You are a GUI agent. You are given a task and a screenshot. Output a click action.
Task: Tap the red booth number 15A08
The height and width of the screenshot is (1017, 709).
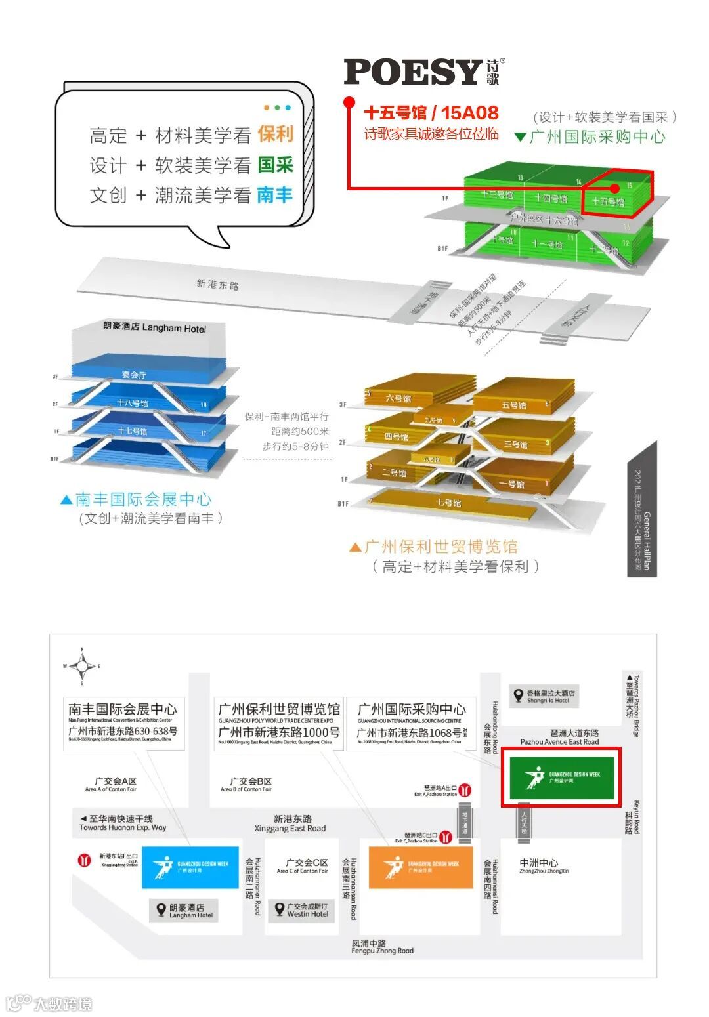click(x=469, y=113)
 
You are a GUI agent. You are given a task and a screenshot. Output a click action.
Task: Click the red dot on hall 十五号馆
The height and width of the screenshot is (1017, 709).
click(x=614, y=188)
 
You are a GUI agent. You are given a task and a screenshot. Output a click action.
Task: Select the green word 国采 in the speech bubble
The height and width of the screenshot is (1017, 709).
click(x=275, y=165)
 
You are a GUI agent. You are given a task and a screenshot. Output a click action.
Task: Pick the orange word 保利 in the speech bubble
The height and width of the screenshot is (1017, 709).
click(x=275, y=134)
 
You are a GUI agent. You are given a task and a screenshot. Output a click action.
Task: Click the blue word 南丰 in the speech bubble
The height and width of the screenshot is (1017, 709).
click(x=275, y=195)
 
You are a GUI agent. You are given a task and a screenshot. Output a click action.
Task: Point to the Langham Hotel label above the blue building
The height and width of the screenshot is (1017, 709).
click(x=155, y=327)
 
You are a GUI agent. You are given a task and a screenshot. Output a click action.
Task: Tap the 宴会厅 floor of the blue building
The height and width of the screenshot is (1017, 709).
click(x=134, y=375)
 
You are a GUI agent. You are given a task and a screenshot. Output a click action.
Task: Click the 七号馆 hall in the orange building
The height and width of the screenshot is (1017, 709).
click(x=449, y=503)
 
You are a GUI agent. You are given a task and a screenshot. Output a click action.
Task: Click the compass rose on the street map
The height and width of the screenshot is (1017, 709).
click(x=82, y=666)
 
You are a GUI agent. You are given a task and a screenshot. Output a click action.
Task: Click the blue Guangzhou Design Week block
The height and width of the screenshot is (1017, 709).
click(x=190, y=867)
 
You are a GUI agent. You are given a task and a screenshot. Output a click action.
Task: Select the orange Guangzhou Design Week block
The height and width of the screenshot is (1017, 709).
click(x=421, y=867)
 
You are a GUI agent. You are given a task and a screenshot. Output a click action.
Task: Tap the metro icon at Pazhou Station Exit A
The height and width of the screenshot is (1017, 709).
click(x=465, y=790)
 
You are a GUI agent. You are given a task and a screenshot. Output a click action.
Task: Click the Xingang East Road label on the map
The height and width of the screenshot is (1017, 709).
click(x=290, y=823)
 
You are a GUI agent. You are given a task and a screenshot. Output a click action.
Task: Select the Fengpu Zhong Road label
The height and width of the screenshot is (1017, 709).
click(x=382, y=946)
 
